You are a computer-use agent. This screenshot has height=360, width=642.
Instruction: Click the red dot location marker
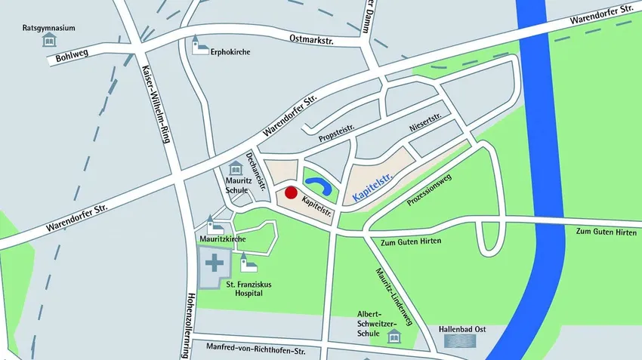coord(291,192)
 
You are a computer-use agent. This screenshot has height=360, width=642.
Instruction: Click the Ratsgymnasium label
coord(48,29)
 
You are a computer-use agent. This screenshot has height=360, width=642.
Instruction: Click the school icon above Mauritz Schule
coord(235,170)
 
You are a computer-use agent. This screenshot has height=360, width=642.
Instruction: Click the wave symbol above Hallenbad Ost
coord(459,341)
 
